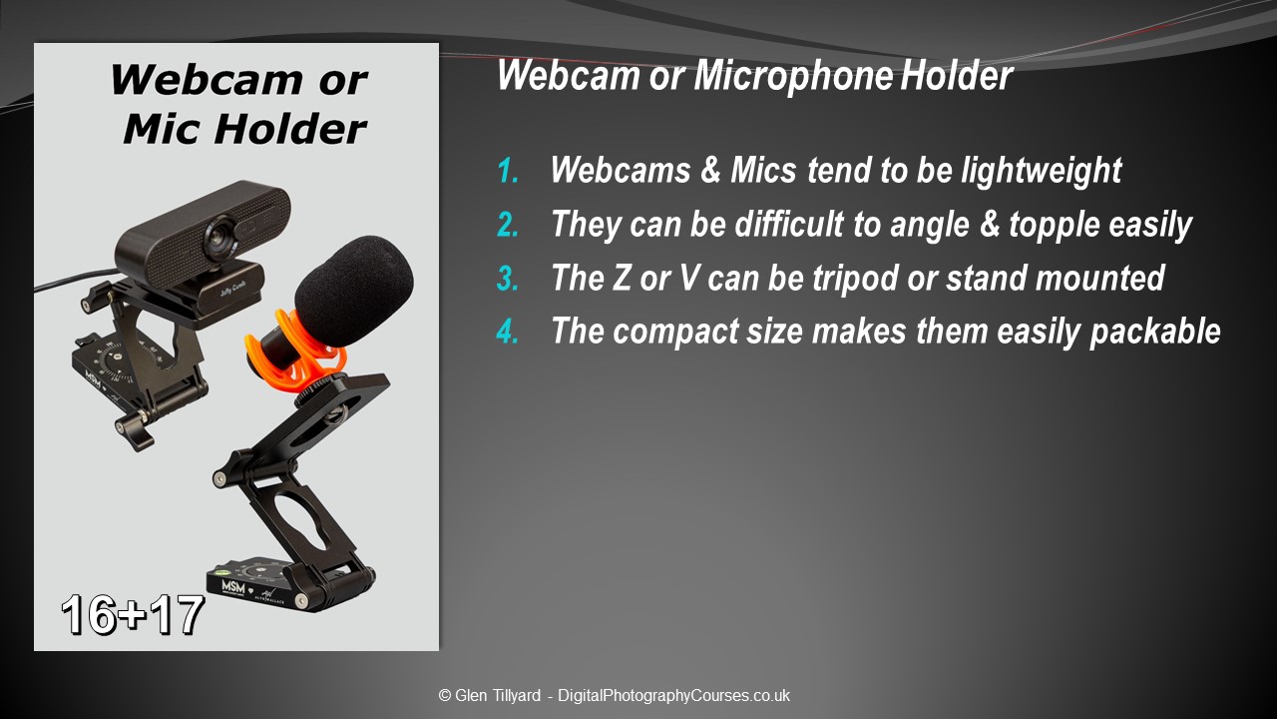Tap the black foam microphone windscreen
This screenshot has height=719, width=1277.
point(355,291)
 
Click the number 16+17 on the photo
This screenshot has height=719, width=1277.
point(133,614)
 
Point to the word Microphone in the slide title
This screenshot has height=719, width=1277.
point(792,75)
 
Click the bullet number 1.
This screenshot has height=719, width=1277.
point(508,170)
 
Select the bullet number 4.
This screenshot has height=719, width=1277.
point(508,331)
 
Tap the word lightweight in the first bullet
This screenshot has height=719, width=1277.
point(1041,170)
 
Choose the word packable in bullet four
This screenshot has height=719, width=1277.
point(1155,331)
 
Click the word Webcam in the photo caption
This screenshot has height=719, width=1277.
point(207,81)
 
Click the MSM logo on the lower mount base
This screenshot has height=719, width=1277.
point(232,587)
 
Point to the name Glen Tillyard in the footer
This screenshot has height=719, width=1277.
point(497,696)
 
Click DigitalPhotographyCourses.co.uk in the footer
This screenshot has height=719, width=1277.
point(673,696)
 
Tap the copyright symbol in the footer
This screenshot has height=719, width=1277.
point(445,696)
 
